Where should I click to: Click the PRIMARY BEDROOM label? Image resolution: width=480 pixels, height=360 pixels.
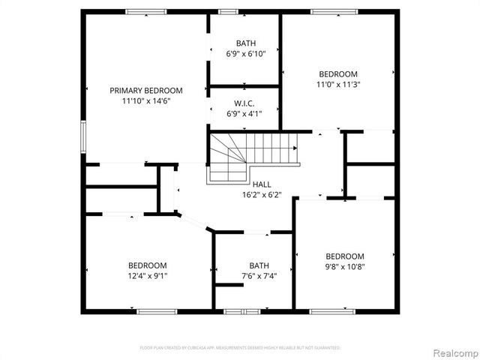click(x=146, y=90)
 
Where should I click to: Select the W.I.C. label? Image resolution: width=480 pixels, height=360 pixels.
click(x=245, y=103)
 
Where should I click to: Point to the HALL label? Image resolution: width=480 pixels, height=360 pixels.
click(x=262, y=184)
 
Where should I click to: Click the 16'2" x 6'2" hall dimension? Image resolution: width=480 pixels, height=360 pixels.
click(x=262, y=195)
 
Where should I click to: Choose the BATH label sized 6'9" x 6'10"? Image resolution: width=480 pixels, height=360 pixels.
click(x=245, y=43)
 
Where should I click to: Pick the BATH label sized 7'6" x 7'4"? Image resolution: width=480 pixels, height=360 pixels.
click(x=259, y=265)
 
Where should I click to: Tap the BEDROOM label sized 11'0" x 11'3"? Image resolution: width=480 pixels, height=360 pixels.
click(x=338, y=73)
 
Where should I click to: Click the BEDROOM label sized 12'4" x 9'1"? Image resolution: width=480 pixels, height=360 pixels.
click(x=147, y=265)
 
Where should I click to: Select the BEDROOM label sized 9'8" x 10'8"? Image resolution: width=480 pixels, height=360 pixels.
click(x=345, y=256)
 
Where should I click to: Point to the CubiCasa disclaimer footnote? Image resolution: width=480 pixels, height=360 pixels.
click(x=240, y=348)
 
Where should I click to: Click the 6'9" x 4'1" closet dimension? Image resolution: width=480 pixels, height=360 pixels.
click(x=245, y=114)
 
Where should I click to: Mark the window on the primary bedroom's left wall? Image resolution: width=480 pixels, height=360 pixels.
click(x=83, y=138)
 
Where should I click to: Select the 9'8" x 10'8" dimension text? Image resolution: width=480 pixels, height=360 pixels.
click(x=345, y=266)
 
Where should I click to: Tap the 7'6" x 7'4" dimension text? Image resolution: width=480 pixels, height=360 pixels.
click(x=259, y=276)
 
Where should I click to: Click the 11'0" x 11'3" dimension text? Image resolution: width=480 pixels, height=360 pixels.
click(x=338, y=85)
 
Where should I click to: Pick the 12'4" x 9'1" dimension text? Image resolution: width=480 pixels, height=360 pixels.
click(x=147, y=276)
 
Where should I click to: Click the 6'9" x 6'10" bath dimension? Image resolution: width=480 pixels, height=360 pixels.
click(x=245, y=53)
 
